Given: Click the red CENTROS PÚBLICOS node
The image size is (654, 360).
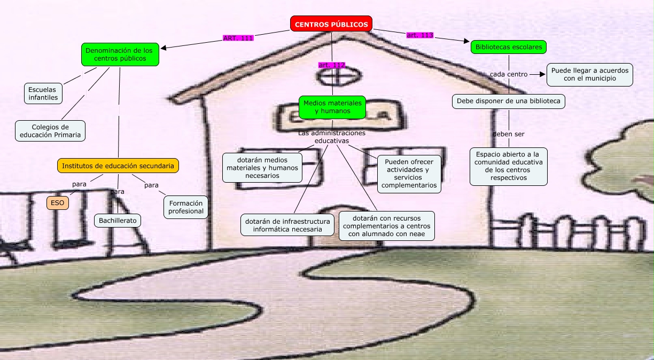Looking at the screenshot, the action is pos(331,24).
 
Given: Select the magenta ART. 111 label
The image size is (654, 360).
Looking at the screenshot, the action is pos(238,38).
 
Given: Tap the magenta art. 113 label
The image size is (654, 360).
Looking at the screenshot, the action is pos(420,35).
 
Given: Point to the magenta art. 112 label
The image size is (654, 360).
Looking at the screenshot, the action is pos(332,65).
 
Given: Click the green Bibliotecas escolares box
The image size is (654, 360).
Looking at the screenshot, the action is pos(509,47).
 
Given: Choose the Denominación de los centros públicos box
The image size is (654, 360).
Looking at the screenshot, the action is pos(120,54).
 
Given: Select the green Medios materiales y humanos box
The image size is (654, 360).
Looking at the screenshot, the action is pos(332,107).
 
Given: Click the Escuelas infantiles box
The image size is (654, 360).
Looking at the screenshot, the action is pos(43,93).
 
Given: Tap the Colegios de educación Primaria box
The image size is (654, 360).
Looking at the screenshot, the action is pos(50,131).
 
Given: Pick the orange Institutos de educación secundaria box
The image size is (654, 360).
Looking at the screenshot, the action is pos(118,166).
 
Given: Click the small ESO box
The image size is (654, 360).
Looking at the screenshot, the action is pos(57,203).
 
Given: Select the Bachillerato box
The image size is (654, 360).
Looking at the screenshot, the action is pos(118,220).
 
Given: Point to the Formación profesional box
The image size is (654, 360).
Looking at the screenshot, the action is pos(186,207).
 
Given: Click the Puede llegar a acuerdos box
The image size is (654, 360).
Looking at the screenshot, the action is pos(589,74).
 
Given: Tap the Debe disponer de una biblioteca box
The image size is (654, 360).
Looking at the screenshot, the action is pos(508,100).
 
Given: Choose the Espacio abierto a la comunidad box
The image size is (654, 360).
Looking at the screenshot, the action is pos(509,166).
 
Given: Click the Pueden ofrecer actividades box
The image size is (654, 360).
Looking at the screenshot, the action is pos(409,174).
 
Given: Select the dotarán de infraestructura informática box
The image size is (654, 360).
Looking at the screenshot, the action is pos(287,225).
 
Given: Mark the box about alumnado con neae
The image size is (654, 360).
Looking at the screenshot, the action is pos(386,225).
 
